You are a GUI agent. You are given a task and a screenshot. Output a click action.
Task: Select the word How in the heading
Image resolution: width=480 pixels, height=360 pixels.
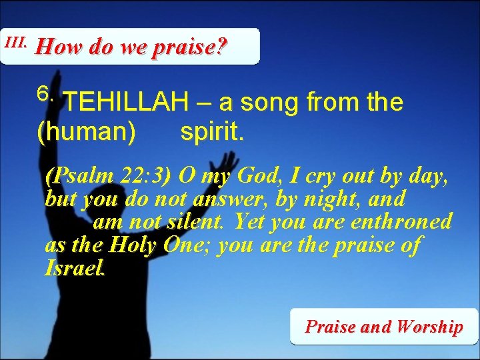pyautogui.click(x=55, y=48)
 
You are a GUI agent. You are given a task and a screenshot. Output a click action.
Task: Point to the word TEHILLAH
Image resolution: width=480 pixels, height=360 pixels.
pyautogui.click(x=127, y=103)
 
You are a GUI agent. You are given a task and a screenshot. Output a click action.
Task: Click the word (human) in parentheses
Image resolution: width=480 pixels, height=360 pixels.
pyautogui.click(x=86, y=133)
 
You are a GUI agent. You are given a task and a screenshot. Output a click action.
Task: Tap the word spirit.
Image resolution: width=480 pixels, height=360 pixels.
pyautogui.click(x=213, y=133)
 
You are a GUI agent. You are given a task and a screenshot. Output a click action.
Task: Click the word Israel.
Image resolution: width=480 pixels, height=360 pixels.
pyautogui.click(x=75, y=267)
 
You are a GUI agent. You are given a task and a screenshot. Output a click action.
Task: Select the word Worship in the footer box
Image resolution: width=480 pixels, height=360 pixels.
pyautogui.click(x=429, y=327)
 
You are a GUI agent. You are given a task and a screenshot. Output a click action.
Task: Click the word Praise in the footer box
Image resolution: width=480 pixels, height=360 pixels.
pyautogui.click(x=330, y=327)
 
